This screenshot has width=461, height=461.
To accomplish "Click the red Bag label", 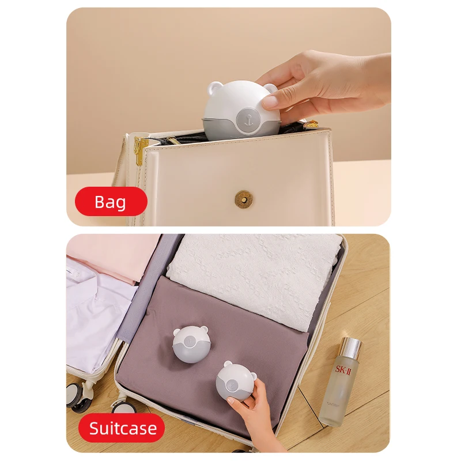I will point(111,202).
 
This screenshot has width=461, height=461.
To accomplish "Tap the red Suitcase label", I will point(123,428).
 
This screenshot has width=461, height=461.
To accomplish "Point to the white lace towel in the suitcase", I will point(254,271).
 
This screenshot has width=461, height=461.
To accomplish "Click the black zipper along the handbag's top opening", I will point(179,138).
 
